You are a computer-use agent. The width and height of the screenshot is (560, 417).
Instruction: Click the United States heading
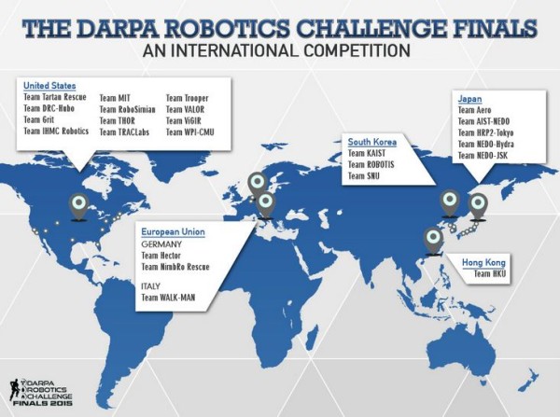tap(49, 86)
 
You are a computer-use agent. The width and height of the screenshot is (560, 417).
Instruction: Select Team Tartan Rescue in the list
tap(55, 97)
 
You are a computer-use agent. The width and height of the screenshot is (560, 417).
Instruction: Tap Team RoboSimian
tap(128, 109)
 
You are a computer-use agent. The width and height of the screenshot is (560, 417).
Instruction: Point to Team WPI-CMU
tap(190, 132)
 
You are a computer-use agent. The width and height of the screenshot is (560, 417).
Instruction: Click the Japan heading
tap(470, 99)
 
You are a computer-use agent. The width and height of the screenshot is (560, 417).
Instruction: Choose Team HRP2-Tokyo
tap(485, 132)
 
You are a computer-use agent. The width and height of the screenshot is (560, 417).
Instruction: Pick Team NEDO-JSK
tap(483, 155)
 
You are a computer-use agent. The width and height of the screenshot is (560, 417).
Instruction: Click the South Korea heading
tap(372, 142)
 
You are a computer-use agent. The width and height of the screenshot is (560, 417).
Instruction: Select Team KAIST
tap(367, 154)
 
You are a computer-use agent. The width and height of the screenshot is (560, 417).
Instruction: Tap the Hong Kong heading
tap(483, 263)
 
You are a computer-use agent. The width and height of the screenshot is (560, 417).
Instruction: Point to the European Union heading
tap(174, 232)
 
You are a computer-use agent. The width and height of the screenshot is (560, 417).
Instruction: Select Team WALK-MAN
tap(168, 298)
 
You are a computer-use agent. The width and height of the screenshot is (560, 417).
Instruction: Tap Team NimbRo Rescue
tap(175, 267)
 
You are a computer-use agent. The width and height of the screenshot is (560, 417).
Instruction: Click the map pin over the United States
tap(79, 207)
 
